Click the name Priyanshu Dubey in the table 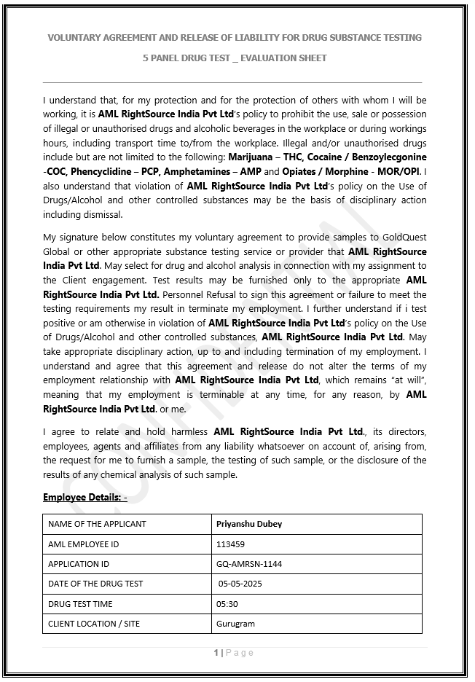[249, 524]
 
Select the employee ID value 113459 [230, 544]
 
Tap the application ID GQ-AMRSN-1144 [249, 564]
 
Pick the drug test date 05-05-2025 [241, 584]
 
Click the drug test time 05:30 [227, 604]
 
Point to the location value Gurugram [235, 624]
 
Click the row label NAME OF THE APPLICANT [97, 524]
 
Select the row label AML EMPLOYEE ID [83, 544]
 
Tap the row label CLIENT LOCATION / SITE [94, 624]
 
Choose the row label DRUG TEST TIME [80, 604]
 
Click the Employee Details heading [85, 497]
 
